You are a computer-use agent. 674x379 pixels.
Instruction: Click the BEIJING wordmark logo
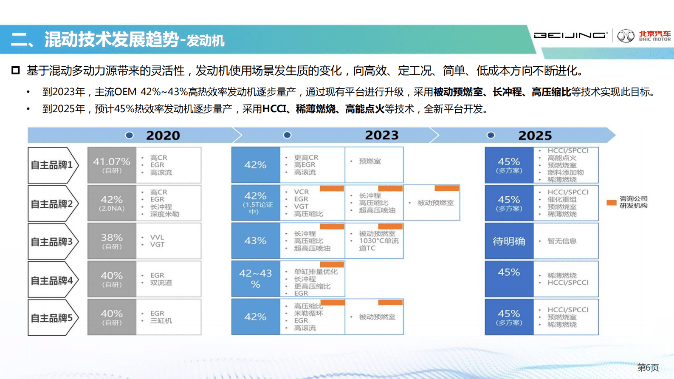tap(570, 35)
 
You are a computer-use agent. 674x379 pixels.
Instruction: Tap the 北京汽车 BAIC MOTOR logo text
tap(654, 36)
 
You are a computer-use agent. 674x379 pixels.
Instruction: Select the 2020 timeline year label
tap(163, 136)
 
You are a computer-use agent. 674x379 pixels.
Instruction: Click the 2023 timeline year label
tap(382, 135)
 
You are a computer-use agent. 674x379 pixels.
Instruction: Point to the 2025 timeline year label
tap(535, 136)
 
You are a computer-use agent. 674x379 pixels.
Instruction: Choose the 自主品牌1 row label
tap(52, 165)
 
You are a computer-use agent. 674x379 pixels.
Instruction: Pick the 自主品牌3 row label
tap(52, 242)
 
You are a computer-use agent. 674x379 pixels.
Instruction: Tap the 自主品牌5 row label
tap(52, 318)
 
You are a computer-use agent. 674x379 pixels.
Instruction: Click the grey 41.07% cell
tap(112, 165)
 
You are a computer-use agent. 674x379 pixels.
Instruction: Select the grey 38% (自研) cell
tap(112, 241)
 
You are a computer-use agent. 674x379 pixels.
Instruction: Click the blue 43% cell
tap(255, 241)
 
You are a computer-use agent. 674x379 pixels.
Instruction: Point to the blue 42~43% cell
tap(255, 279)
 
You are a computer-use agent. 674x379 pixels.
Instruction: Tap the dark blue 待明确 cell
tap(509, 241)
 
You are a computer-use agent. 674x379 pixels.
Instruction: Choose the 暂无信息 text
tap(562, 241)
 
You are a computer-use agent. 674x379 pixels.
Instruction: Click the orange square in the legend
tap(611, 203)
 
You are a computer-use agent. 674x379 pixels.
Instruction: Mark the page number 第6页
tap(648, 368)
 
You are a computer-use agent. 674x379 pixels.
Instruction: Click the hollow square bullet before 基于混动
tap(16, 71)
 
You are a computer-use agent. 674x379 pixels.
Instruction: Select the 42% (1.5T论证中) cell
tap(255, 203)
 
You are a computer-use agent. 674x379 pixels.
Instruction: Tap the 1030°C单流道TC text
tap(378, 244)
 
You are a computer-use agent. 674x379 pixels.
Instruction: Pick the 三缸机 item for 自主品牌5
tap(161, 321)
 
